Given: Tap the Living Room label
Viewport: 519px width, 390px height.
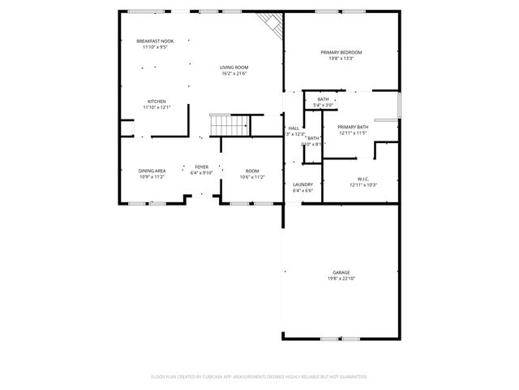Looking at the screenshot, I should coord(234,67).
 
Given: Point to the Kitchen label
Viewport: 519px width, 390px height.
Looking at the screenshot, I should coord(157,102).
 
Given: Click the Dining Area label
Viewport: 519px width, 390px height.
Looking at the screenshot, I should coord(152,171).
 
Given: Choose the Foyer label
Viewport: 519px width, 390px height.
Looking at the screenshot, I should coord(200,167).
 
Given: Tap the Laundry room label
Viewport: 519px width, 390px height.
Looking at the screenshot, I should coord(302,184).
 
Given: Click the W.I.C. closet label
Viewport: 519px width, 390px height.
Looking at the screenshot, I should coord(362,179).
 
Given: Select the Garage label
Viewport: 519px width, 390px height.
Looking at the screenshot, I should coord(341,272).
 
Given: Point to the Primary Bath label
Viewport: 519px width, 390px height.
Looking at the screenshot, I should coord(353,127).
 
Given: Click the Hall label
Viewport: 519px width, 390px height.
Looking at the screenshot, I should coord(294,128).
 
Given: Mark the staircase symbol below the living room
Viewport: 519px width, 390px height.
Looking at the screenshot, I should coord(229,125).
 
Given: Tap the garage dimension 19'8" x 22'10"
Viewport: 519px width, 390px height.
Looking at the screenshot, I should coord(341,279).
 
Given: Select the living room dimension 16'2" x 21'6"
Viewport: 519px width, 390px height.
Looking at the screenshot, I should coord(234,74).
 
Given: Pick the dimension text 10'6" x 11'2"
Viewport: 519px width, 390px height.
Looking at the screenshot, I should coord(252,177).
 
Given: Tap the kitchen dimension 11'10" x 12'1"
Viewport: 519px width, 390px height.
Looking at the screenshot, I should coord(157,108).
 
